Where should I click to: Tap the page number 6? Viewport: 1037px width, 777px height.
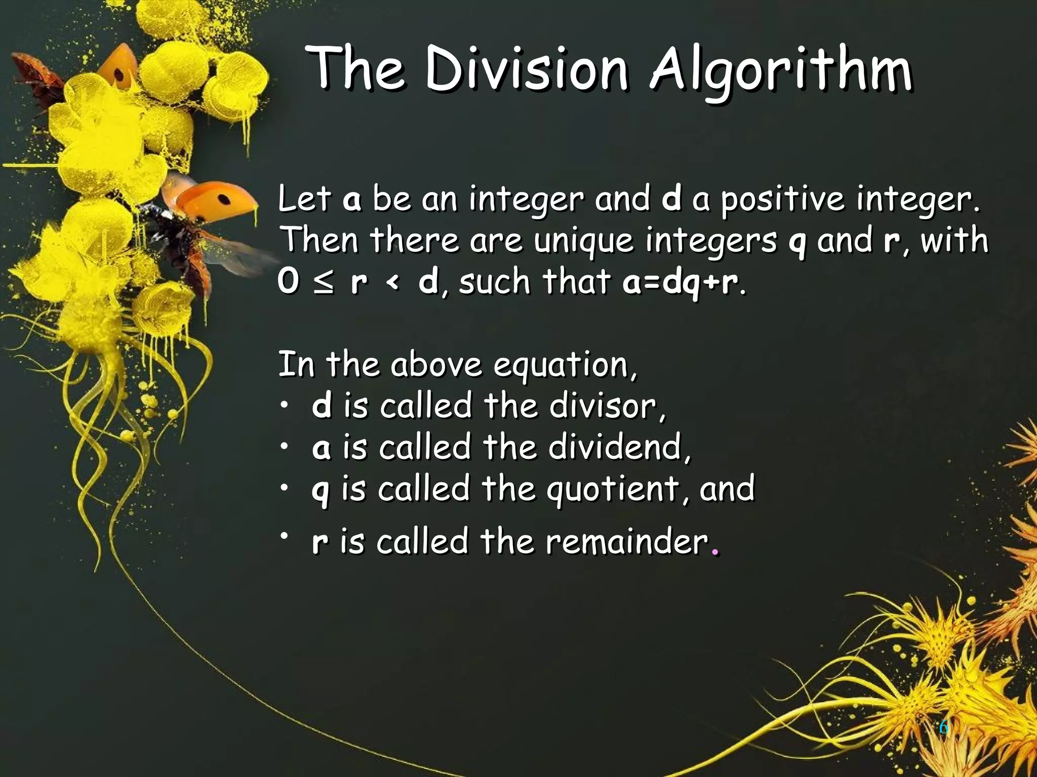pos(943,728)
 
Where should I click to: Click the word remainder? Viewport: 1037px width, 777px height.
pos(626,541)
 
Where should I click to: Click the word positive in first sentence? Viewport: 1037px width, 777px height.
pos(782,200)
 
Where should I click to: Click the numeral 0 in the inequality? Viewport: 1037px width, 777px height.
pos(288,282)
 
